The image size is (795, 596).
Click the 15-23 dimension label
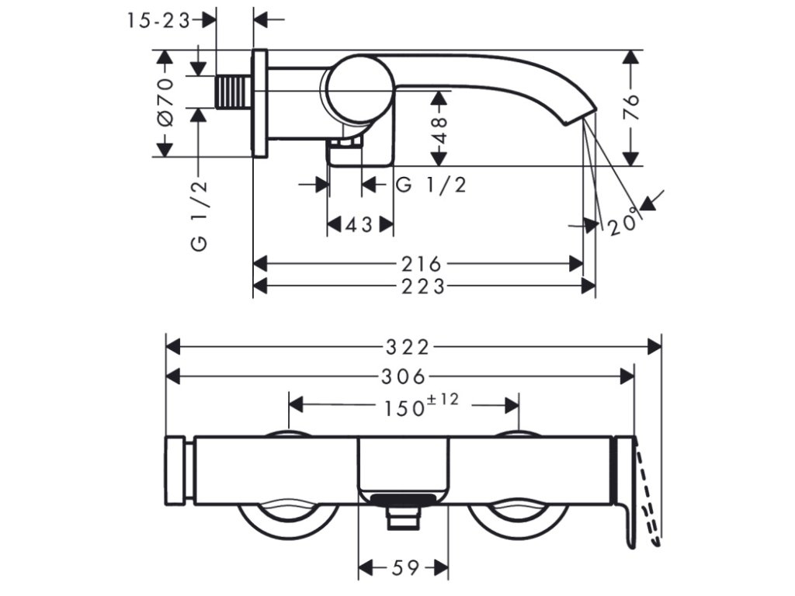coord(158,21)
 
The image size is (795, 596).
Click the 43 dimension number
coord(359,225)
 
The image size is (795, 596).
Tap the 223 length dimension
coord(424,286)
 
